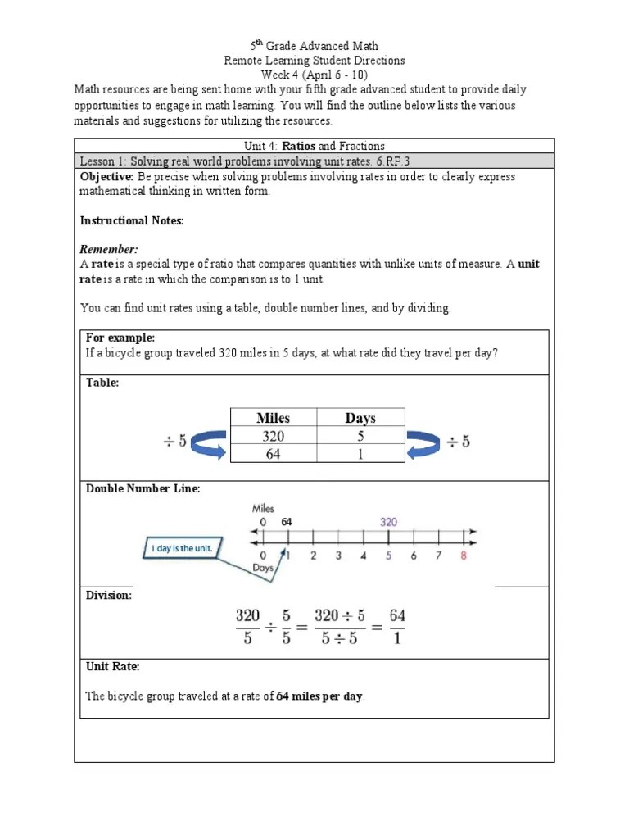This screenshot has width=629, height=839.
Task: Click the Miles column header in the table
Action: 273,418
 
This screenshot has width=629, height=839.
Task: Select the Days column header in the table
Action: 360,418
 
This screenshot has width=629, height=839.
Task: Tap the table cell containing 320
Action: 273,437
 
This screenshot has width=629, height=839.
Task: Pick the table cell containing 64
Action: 273,454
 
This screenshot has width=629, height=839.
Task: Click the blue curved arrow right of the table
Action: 425,444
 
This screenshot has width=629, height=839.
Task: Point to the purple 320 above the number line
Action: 389,521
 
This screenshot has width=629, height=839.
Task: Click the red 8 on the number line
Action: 464,556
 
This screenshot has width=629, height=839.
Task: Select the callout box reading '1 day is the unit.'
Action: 182,548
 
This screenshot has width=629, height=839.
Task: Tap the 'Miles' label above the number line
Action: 263,508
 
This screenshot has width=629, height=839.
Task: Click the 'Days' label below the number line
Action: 263,567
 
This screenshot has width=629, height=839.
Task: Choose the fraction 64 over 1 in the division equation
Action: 396,626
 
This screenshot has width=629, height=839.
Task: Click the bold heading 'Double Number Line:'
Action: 143,489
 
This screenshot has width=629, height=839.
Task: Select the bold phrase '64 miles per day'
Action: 319,696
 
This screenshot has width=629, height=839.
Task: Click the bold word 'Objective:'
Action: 106,177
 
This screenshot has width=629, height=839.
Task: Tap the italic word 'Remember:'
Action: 109,249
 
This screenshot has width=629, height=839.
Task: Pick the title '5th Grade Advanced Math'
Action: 314,46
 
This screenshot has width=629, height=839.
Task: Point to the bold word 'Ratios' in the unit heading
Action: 299,146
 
